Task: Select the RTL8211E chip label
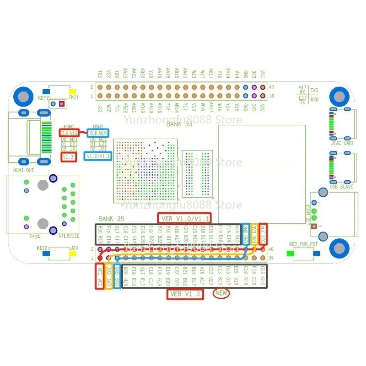(69, 236)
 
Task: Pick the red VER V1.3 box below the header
(185, 294)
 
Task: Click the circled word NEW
(221, 294)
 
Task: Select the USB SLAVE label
(341, 186)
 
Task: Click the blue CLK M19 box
(98, 133)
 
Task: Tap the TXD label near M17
(315, 90)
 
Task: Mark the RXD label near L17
(315, 99)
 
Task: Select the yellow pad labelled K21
(72, 92)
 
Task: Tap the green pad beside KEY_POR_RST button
(290, 253)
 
